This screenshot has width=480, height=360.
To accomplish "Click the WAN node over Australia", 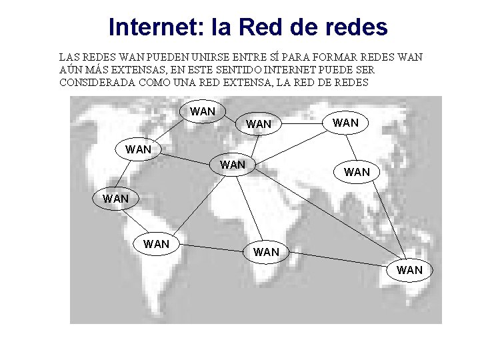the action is pyautogui.click(x=409, y=270).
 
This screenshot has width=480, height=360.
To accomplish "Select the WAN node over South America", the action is pyautogui.click(x=157, y=244).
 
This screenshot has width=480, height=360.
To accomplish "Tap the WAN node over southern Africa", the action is pyautogui.click(x=266, y=252).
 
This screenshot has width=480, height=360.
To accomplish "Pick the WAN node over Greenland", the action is pyautogui.click(x=203, y=111).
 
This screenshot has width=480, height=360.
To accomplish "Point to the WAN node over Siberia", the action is pyautogui.click(x=345, y=123).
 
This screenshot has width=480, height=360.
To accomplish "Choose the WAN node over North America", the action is pyautogui.click(x=139, y=149).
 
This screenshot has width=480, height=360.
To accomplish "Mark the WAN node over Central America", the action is pyautogui.click(x=116, y=198).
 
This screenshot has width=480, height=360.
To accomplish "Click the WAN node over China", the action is pyautogui.click(x=357, y=172).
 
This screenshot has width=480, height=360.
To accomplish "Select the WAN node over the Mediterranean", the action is pyautogui.click(x=233, y=164).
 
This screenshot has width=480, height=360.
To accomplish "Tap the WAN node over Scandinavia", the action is pyautogui.click(x=259, y=124).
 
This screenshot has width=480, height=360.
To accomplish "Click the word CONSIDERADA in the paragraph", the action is pyautogui.click(x=98, y=83).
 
